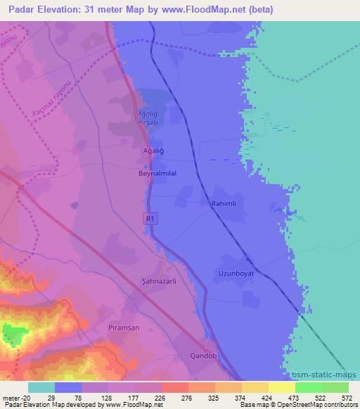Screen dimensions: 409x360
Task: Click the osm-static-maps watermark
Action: [321, 375]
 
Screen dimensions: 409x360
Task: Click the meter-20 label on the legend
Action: [15, 397]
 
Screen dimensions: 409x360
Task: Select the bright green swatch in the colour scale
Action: [308, 387]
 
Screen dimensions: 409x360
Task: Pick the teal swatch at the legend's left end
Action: [41, 387]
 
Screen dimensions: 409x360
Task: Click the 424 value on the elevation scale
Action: [269, 397]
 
